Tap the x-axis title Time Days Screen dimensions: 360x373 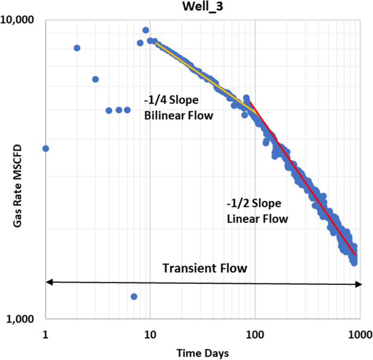[x=202, y=353]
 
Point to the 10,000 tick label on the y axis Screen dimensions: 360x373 [x=19, y=20]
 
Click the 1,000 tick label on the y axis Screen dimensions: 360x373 [x=21, y=319]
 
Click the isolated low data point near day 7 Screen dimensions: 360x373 [x=134, y=296]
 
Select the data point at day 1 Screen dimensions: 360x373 [x=46, y=148]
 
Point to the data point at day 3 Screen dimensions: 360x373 [x=95, y=79]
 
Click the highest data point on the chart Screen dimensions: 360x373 [x=145, y=30]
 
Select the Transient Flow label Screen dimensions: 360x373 [x=205, y=269]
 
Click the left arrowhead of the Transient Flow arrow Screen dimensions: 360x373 [x=48, y=282]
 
